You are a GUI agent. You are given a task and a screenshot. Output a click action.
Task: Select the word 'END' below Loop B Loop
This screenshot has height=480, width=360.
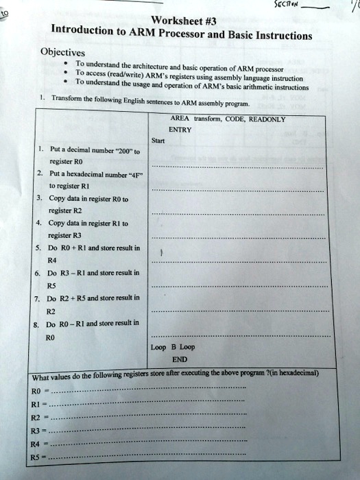[x=180, y=359]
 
